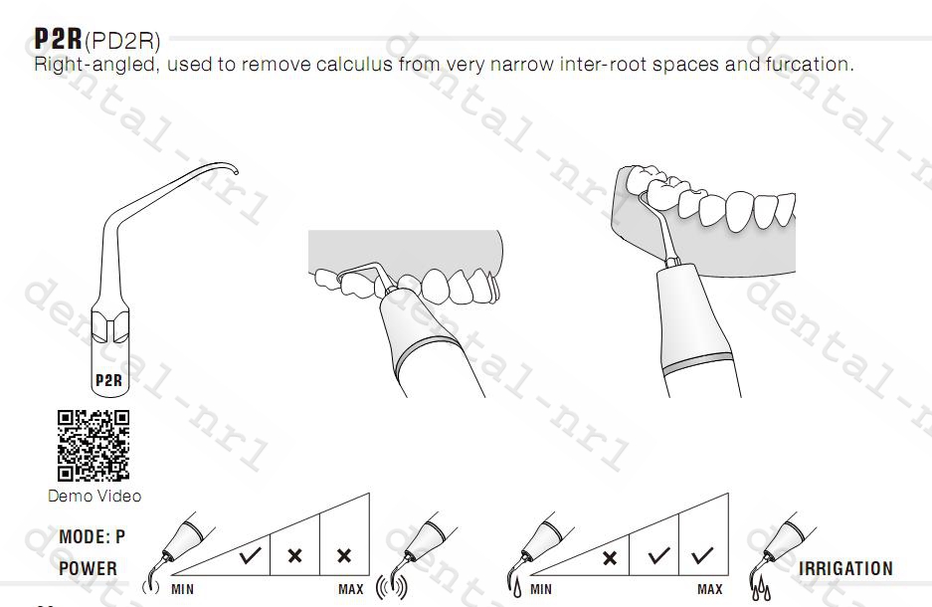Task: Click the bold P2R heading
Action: [58, 39]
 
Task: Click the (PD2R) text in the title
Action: [122, 41]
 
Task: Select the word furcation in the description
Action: [809, 64]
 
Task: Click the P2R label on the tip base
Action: [108, 380]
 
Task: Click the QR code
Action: [93, 445]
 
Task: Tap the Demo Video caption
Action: [94, 496]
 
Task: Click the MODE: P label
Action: [93, 537]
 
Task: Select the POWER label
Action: [88, 568]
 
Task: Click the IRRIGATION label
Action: [845, 568]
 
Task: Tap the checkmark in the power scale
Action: [250, 555]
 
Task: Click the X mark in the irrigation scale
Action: [610, 558]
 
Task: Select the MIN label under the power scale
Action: [182, 589]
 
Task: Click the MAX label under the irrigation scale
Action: [710, 589]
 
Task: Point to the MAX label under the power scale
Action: [351, 589]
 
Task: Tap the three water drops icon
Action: [761, 590]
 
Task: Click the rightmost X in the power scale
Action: [344, 556]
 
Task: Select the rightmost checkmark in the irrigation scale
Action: [702, 555]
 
